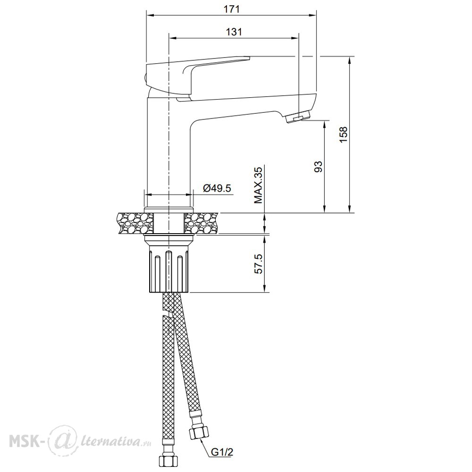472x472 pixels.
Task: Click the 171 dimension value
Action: (231, 9)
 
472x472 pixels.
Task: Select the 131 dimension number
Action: (234, 32)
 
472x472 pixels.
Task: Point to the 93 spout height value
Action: (318, 167)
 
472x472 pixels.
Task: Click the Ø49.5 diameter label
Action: (217, 188)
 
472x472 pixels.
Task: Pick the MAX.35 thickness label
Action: (258, 185)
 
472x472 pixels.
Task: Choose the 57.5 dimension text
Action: (258, 264)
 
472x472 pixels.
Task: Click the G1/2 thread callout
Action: (222, 452)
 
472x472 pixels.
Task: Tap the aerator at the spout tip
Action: (298, 117)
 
